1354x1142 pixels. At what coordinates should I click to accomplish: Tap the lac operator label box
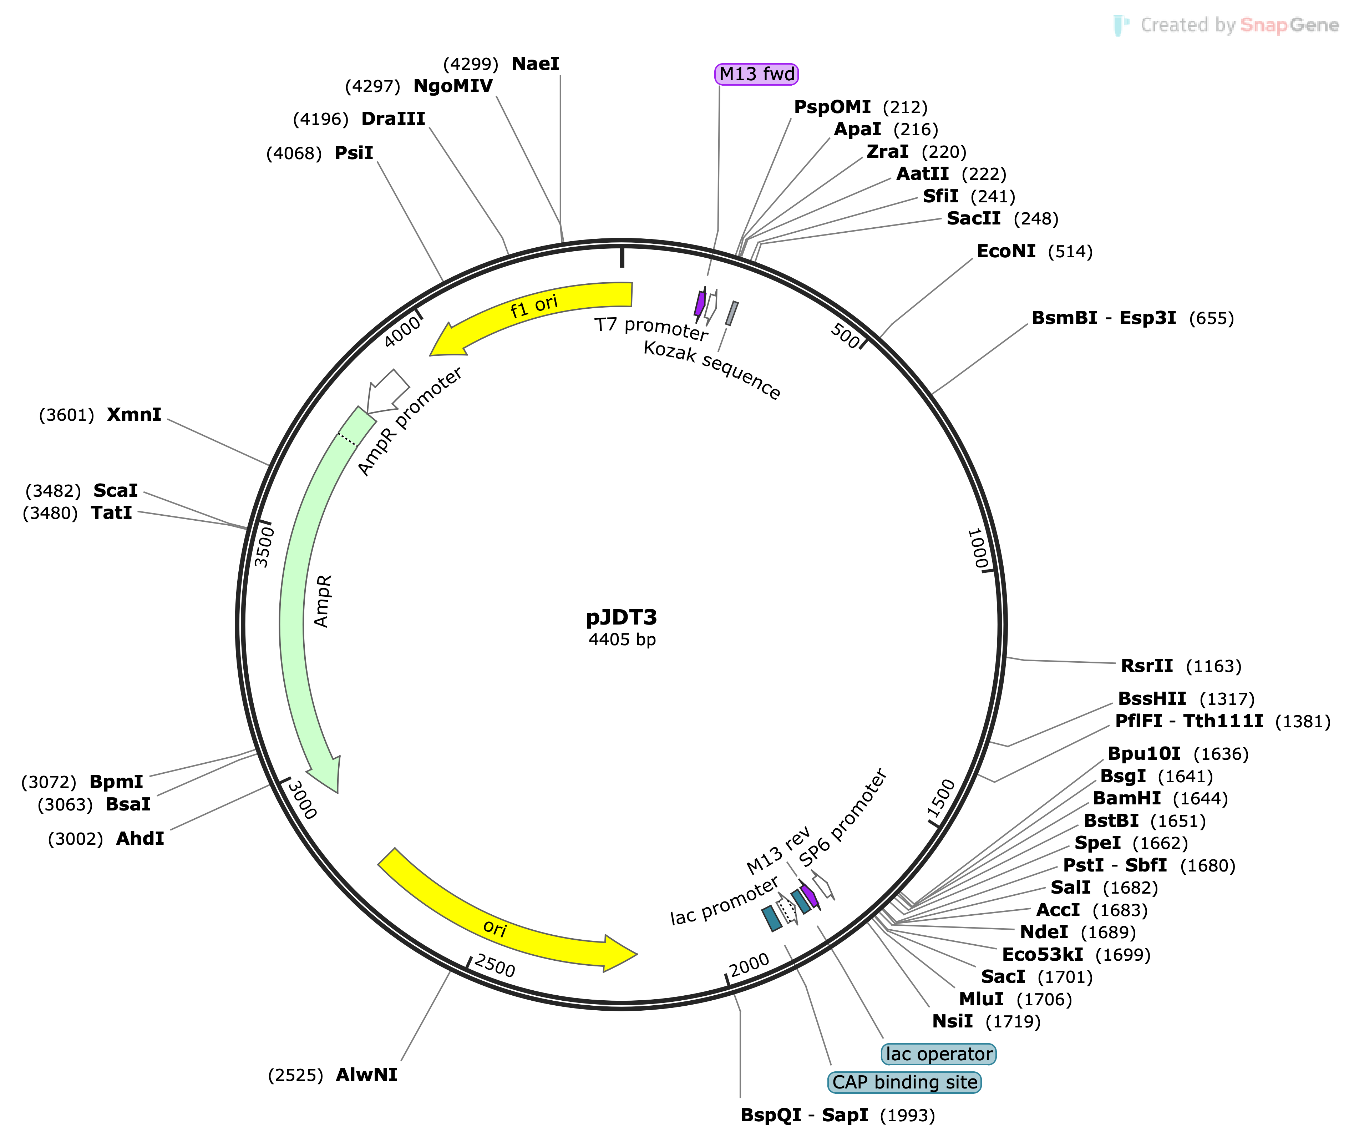[x=938, y=1054]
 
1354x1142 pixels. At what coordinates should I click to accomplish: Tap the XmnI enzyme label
[x=134, y=414]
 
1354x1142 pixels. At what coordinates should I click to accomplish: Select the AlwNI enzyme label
[x=366, y=1075]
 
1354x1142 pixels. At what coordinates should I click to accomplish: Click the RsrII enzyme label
[x=1147, y=666]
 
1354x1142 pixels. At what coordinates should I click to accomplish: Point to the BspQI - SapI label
[x=805, y=1115]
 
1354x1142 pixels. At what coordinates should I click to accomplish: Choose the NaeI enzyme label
[x=535, y=64]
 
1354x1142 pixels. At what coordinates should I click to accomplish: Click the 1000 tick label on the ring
[x=977, y=549]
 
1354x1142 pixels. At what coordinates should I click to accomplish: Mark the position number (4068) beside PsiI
[x=294, y=153]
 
